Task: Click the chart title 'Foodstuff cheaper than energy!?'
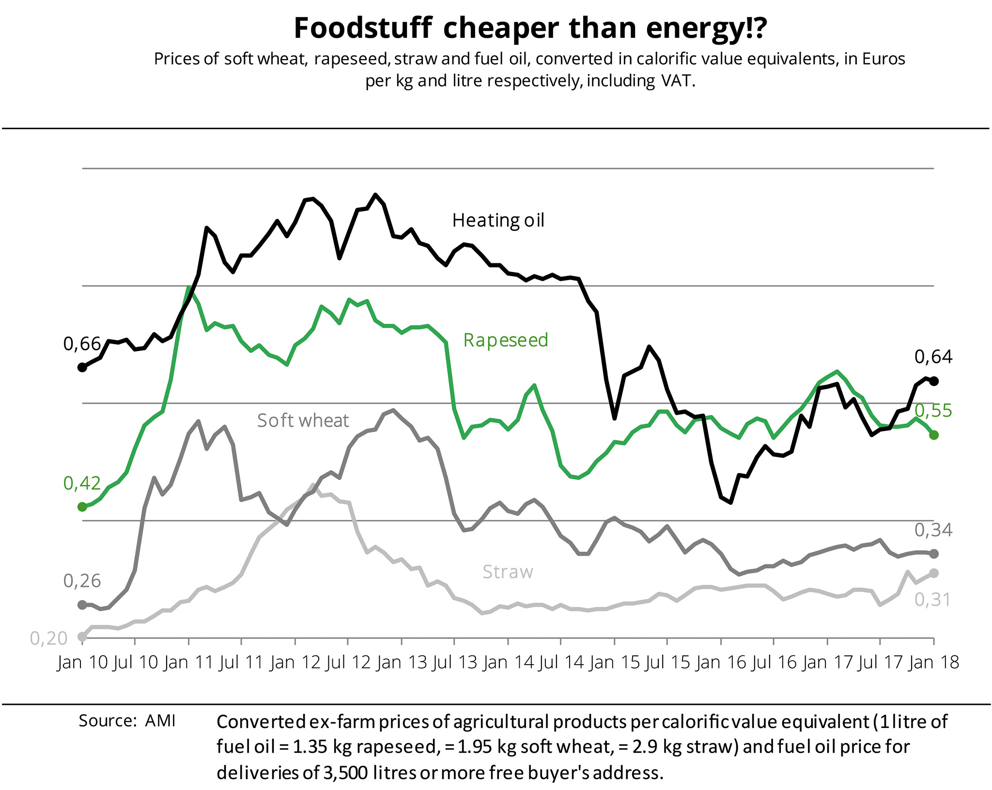(x=530, y=28)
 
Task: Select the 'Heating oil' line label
(x=498, y=221)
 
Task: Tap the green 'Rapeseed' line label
(x=506, y=340)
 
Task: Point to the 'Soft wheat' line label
(x=303, y=421)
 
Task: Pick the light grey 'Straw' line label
(x=508, y=572)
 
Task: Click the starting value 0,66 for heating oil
(x=82, y=344)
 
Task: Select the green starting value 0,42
(x=82, y=483)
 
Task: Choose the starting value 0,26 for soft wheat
(x=82, y=581)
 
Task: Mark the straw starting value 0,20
(x=48, y=638)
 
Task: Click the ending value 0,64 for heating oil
(x=933, y=357)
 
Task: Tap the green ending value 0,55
(x=933, y=410)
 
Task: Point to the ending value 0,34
(x=933, y=531)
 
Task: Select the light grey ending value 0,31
(x=932, y=600)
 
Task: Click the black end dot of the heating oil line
(x=934, y=381)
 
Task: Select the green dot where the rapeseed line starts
(x=82, y=507)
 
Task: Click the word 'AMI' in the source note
(x=160, y=721)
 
